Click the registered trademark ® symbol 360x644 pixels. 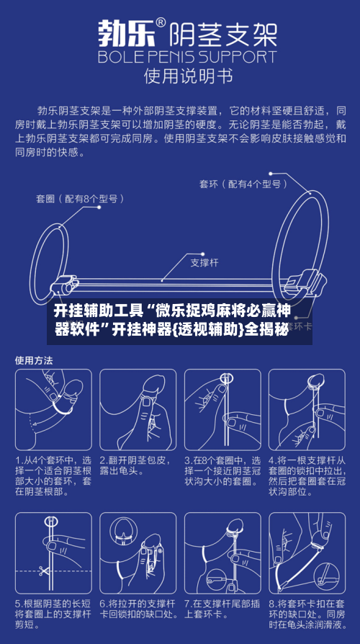[161, 22]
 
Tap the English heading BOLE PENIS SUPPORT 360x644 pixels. [188, 57]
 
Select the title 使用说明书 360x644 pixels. [188, 77]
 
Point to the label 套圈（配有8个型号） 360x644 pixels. [80, 200]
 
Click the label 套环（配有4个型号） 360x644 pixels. [243, 184]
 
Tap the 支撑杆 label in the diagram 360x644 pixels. [204, 263]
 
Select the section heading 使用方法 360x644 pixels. [34, 361]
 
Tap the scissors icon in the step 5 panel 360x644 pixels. [42, 571]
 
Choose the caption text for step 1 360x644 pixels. [53, 475]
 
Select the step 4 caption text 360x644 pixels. [307, 475]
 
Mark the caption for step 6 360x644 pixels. [138, 609]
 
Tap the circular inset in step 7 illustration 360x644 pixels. [220, 580]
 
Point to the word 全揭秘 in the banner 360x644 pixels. [266, 329]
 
